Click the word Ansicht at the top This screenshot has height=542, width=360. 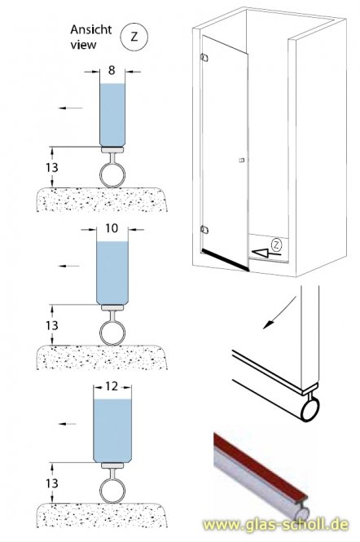pyautogui.click(x=89, y=30)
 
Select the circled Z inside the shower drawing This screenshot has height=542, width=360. pyautogui.click(x=277, y=244)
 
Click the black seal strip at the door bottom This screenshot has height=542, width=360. pyautogui.click(x=223, y=259)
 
